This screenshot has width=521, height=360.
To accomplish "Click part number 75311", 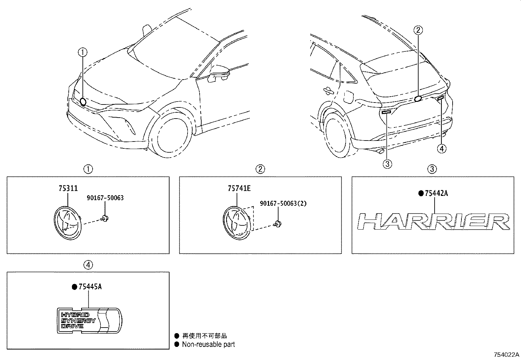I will [68, 188].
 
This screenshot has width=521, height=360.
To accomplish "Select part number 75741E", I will [239, 188].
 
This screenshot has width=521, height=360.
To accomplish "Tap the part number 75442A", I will [436, 194].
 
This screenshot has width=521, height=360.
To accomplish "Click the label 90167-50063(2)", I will [283, 203].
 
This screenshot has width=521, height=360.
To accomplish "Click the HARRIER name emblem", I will [434, 222].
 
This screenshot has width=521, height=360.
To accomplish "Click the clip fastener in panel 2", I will [278, 224].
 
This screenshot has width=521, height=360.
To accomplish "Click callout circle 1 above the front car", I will [82, 51].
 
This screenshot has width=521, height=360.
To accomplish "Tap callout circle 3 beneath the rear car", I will [387, 163].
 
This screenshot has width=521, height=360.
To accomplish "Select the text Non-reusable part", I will [208, 344].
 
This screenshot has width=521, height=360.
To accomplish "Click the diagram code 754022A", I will [506, 355].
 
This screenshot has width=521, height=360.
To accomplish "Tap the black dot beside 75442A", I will [421, 194].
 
